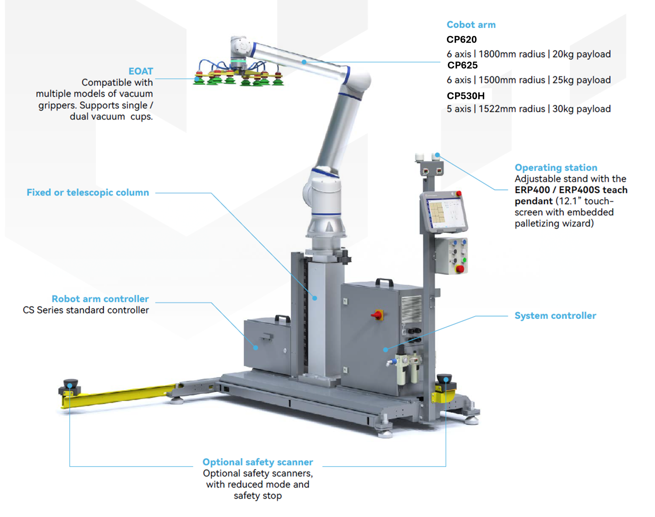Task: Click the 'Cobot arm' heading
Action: click(471, 25)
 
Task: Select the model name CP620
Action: click(462, 40)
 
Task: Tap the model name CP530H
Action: click(466, 96)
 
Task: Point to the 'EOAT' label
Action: click(141, 71)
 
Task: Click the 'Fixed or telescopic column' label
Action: click(88, 192)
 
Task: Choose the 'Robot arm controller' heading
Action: click(100, 299)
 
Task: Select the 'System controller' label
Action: click(555, 316)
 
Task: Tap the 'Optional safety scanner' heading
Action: click(258, 462)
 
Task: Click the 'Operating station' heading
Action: click(556, 168)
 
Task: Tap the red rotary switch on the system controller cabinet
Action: click(377, 315)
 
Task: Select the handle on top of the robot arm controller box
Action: click(282, 319)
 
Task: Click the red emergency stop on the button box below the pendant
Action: click(460, 269)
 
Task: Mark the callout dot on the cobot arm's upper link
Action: click(304, 62)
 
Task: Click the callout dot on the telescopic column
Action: click(315, 298)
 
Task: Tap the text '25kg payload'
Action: click(581, 80)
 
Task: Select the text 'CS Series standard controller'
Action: click(86, 310)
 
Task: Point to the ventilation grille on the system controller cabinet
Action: click(412, 309)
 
